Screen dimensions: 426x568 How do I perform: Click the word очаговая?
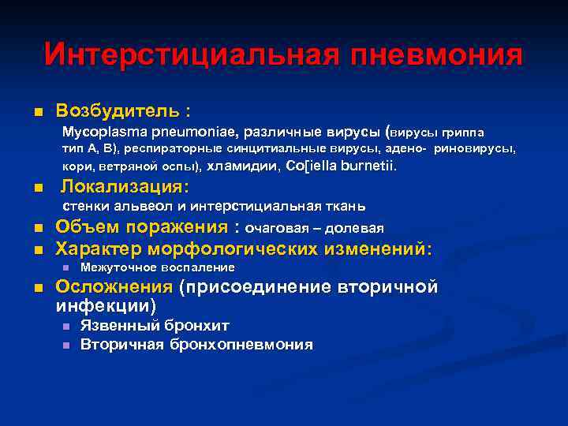(275, 229)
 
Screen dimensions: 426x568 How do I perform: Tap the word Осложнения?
(114, 286)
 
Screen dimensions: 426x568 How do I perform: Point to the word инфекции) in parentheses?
(106, 305)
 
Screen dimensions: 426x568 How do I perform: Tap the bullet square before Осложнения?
(36, 288)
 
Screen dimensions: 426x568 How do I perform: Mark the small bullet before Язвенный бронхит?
(65, 326)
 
